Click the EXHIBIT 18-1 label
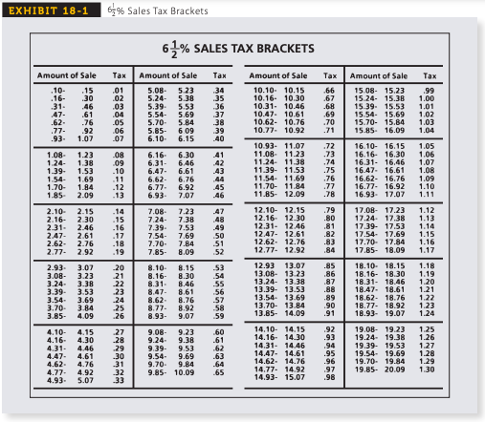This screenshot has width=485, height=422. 37,10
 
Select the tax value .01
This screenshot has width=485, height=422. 119,88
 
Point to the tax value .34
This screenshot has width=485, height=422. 219,88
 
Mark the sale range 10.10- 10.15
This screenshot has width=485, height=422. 277,88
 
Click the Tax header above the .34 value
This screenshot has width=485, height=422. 219,74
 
